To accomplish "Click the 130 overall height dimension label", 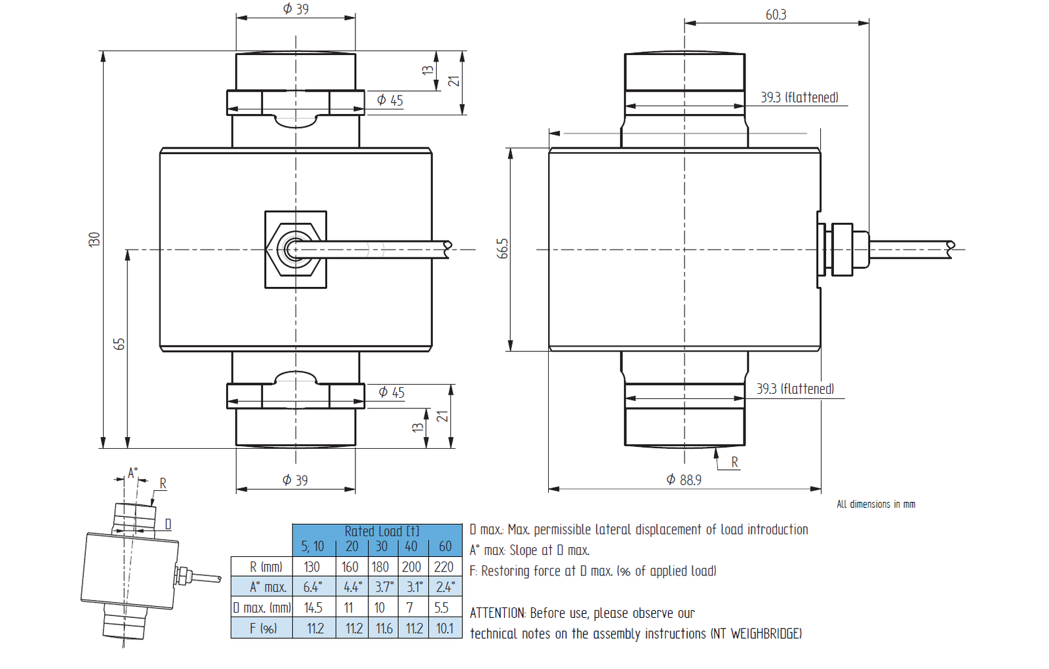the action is tap(94, 239).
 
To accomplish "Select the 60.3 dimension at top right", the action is tap(776, 15).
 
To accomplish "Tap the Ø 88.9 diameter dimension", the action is tap(684, 480).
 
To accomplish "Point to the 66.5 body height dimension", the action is tap(502, 248).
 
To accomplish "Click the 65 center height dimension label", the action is tap(119, 343).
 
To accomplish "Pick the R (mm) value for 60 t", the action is tap(443, 567).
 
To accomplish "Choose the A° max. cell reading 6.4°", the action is tap(313, 587).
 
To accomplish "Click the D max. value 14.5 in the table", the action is tap(313, 607).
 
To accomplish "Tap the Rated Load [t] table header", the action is tap(382, 531).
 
